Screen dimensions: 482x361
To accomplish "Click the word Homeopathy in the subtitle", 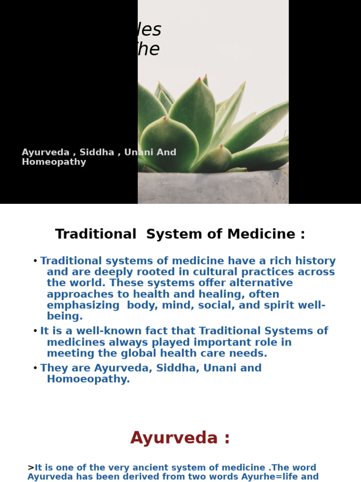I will click(x=54, y=162).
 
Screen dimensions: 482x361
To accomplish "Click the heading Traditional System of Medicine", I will click(x=180, y=234).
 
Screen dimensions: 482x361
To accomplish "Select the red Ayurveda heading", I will click(x=180, y=438).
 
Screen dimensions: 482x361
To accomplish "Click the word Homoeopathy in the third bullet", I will click(x=88, y=379).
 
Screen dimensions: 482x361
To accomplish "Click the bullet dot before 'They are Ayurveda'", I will click(x=35, y=368).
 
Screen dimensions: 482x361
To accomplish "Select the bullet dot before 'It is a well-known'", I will click(x=35, y=331).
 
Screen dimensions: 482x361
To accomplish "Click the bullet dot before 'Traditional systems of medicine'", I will click(x=35, y=261).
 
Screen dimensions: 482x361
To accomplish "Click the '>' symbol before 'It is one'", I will click(x=31, y=467).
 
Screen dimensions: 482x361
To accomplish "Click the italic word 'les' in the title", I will click(x=150, y=30).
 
